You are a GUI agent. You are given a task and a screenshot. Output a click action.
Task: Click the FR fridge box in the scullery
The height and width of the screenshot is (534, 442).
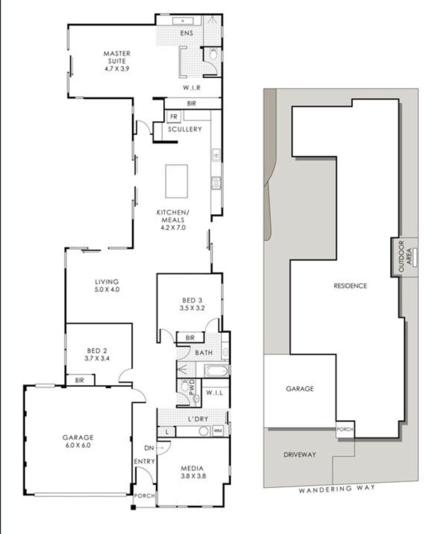pyautogui.click(x=174, y=117)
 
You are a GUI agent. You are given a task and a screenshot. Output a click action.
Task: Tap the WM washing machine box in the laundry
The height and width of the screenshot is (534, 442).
pyautogui.click(x=218, y=431)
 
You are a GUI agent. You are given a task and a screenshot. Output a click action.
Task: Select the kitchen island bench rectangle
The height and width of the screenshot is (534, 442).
pyautogui.click(x=176, y=181)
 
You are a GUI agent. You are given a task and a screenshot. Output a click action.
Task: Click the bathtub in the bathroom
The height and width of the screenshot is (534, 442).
pyautogui.click(x=216, y=371)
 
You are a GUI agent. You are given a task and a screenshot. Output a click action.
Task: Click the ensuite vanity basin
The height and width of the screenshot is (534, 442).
pyautogui.click(x=182, y=21)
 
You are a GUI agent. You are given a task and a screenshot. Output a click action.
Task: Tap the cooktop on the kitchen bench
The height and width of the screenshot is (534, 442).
pyautogui.click(x=216, y=183)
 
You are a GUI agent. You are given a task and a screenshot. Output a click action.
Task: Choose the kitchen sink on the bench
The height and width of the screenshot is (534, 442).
pyautogui.click(x=216, y=155)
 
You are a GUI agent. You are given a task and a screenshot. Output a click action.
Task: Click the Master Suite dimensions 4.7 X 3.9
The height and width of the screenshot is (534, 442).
pyautogui.click(x=117, y=69)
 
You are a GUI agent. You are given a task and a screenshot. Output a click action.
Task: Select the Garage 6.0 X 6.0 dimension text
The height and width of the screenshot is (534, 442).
pyautogui.click(x=78, y=445)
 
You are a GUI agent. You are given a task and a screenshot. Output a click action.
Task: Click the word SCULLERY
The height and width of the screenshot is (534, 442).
pyautogui.click(x=185, y=129)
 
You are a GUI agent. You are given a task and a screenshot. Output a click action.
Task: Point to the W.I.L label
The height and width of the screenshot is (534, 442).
pyautogui.click(x=214, y=393)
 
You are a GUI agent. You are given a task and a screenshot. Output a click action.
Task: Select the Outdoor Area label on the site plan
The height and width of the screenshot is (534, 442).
pyautogui.click(x=405, y=256)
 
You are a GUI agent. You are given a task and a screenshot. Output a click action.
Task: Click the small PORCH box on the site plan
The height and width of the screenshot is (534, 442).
pyautogui.click(x=345, y=429)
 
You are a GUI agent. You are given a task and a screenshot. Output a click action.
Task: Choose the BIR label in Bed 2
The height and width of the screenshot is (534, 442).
pyautogui.click(x=79, y=380)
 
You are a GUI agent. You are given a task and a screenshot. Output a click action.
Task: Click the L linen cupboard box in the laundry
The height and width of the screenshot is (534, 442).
pyautogui.click(x=167, y=432)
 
